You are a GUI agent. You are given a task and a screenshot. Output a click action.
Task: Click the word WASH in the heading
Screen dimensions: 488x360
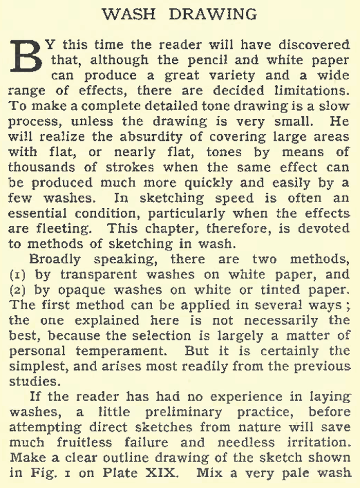(130, 14)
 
